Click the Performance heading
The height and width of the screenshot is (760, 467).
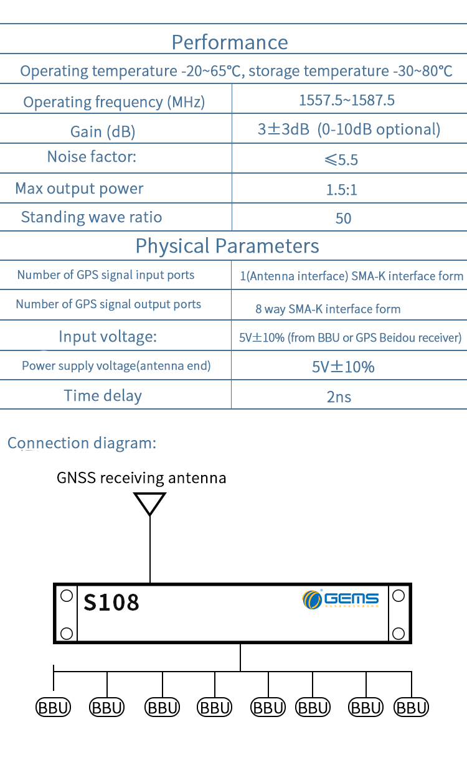click(x=230, y=42)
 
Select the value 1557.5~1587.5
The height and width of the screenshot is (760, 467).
click(x=347, y=100)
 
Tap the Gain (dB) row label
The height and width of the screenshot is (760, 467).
click(x=103, y=131)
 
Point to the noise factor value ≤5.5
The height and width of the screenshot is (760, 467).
click(x=341, y=160)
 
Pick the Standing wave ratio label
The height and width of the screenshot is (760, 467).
click(x=92, y=217)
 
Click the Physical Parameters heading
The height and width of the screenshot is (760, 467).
click(x=227, y=246)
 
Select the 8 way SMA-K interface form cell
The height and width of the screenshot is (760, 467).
click(x=328, y=309)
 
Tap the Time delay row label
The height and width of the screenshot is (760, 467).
click(x=103, y=396)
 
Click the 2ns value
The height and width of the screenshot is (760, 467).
click(x=339, y=396)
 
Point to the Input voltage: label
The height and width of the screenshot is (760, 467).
click(x=108, y=337)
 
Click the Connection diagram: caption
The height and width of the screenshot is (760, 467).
click(x=82, y=443)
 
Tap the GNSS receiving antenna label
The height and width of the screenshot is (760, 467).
click(x=141, y=478)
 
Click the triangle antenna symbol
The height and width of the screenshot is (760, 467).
click(x=149, y=503)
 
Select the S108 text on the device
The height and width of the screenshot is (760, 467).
click(x=111, y=602)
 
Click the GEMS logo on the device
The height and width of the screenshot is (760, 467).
click(x=341, y=599)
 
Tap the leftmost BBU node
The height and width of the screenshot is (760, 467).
click(x=54, y=707)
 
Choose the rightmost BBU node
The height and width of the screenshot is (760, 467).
click(x=412, y=707)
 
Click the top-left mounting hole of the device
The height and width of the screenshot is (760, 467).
click(x=67, y=596)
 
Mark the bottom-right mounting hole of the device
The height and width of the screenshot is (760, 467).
click(x=398, y=634)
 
